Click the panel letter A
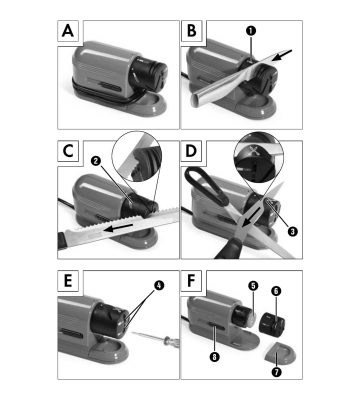coord(68,31)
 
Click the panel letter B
coord(192,31)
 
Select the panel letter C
coord(68,151)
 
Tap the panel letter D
coord(191,151)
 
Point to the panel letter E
coord(68,281)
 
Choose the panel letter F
coord(191,281)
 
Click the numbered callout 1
coord(251,31)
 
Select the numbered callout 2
coord(96,161)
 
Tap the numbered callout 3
coord(292,231)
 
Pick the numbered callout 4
coord(159,285)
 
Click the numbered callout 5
coord(253,286)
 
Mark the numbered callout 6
coord(276,291)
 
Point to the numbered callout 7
coord(276,372)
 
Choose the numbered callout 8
coord(215,357)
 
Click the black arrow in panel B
coord(282,55)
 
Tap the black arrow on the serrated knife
coord(118,228)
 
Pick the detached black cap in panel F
coord(272,323)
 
